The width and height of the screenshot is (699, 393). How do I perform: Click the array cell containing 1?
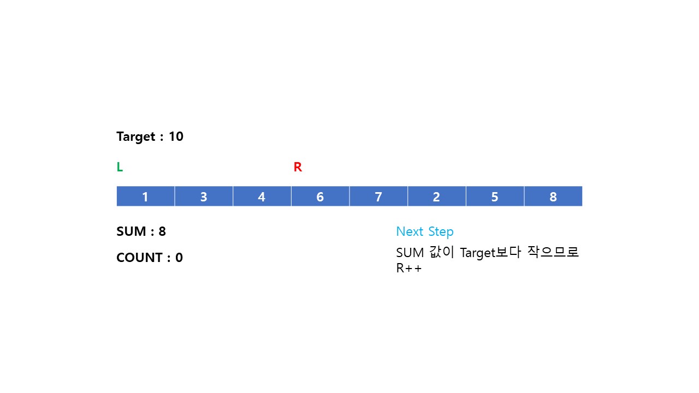tap(145, 196)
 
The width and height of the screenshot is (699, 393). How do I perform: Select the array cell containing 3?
tap(204, 196)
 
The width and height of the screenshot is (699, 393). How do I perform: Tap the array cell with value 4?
tap(262, 196)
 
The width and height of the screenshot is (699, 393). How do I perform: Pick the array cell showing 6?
tap(320, 196)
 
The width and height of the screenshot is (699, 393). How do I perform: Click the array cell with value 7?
tap(378, 196)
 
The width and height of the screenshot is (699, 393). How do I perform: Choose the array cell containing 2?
tap(436, 196)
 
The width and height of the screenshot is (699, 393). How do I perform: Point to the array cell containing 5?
tap(495, 196)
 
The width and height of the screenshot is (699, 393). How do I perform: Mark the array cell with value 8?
tap(553, 196)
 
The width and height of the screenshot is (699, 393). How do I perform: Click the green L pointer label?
tap(120, 168)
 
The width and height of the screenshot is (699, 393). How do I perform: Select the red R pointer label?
tap(298, 168)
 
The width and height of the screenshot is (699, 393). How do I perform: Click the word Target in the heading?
tap(136, 137)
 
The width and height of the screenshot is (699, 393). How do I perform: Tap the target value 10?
tap(176, 136)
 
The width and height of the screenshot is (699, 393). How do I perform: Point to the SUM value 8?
tap(162, 231)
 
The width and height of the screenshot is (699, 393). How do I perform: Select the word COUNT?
tap(139, 258)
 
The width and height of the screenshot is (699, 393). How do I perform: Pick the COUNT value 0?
tap(179, 258)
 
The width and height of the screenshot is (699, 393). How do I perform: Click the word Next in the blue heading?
tap(410, 231)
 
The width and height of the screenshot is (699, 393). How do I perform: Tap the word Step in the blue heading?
tap(441, 232)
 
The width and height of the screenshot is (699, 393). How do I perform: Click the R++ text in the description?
tap(409, 269)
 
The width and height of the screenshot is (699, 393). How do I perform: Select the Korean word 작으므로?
tap(553, 253)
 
